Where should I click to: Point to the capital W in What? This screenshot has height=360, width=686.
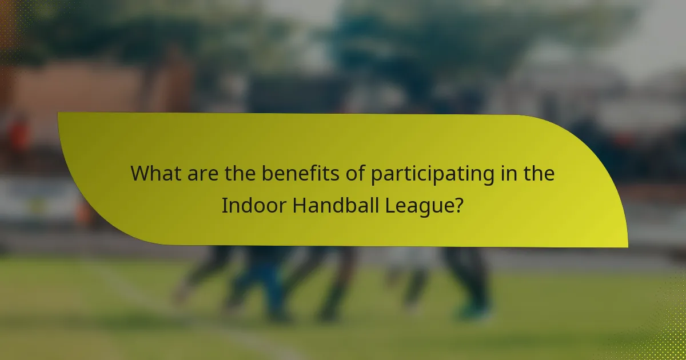point(140,174)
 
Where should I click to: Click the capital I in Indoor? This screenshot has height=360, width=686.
point(224,206)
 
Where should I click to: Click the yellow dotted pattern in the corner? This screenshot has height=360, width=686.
point(669,337)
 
